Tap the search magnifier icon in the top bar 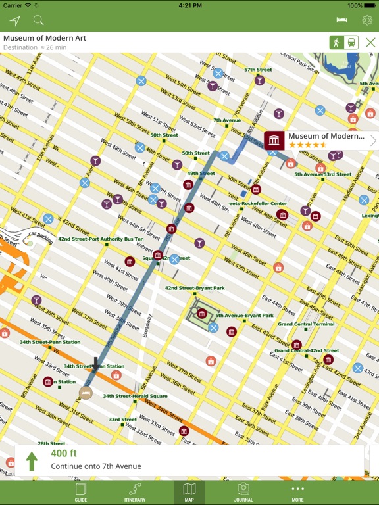[38, 21]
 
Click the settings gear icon [366, 20]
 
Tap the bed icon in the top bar [341, 20]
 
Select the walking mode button [337, 43]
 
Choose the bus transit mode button [351, 43]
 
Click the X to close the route [370, 43]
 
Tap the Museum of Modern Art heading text [45, 38]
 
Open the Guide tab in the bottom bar [81, 492]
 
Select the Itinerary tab [135, 492]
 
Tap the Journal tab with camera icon [243, 492]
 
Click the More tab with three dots [297, 492]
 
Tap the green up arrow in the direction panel [31, 461]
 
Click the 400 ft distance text [64, 453]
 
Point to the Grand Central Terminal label [306, 324]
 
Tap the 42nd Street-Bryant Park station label [195, 288]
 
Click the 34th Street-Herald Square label [139, 396]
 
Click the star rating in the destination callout [307, 145]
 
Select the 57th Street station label [258, 70]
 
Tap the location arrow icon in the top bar [14, 21]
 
